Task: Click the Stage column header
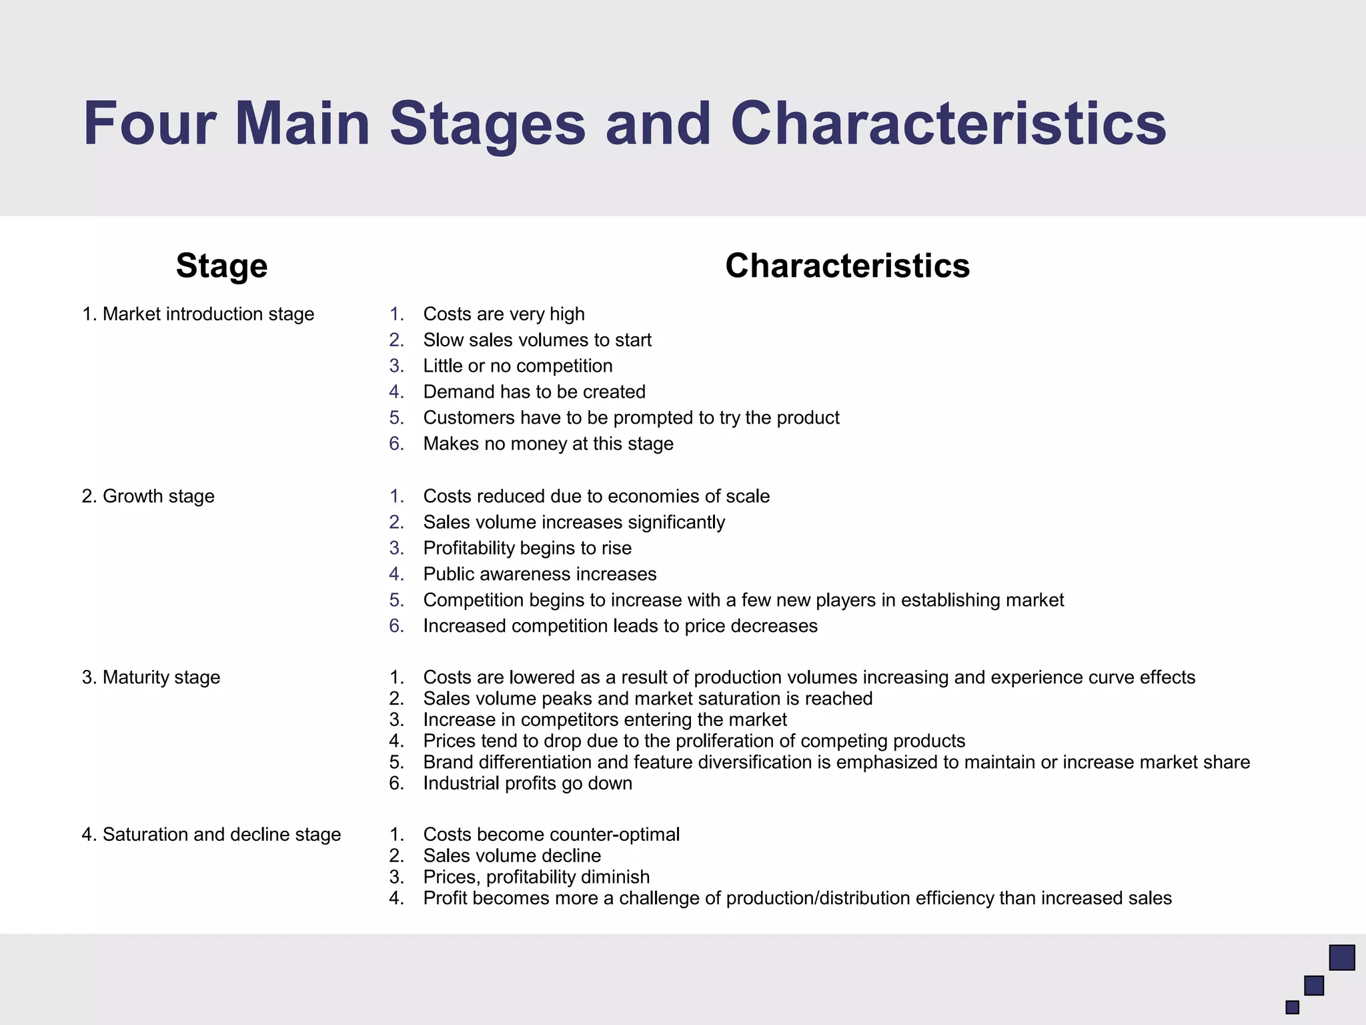pyautogui.click(x=221, y=266)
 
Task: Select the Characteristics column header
pyautogui.click(x=847, y=266)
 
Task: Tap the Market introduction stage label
pyautogui.click(x=198, y=314)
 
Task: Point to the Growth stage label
pyautogui.click(x=148, y=496)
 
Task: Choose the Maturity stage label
pyautogui.click(x=151, y=677)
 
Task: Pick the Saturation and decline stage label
pyautogui.click(x=211, y=835)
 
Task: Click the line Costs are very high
pyautogui.click(x=504, y=314)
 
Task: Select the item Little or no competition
pyautogui.click(x=518, y=366)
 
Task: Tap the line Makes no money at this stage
pyautogui.click(x=548, y=444)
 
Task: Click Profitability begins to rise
pyautogui.click(x=527, y=549)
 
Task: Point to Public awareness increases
pyautogui.click(x=540, y=575)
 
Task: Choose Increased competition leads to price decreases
pyautogui.click(x=620, y=626)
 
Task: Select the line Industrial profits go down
pyautogui.click(x=528, y=783)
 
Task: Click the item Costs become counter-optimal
pyautogui.click(x=552, y=835)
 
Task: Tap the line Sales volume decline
pyautogui.click(x=512, y=856)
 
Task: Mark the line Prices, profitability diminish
pyautogui.click(x=536, y=878)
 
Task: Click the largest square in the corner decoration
pyautogui.click(x=1342, y=958)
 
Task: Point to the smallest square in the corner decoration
pyautogui.click(x=1293, y=1007)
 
